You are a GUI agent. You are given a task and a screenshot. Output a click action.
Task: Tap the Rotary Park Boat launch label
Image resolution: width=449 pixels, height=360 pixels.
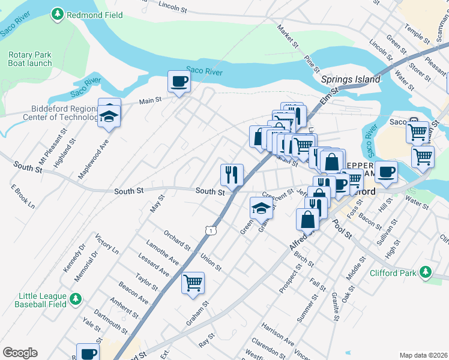tap(30, 59)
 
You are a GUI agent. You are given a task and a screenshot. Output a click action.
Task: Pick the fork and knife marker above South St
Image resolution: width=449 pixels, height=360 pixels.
tap(232, 175)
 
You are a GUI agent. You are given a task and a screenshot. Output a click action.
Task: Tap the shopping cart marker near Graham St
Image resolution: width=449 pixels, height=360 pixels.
tap(193, 283)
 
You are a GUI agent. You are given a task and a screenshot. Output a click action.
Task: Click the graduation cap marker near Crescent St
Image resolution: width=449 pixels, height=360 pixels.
tap(261, 209)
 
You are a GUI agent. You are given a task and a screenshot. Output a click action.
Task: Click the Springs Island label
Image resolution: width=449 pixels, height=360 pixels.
tap(351, 79)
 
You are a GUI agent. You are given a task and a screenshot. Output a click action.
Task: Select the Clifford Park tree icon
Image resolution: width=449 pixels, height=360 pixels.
tap(426, 272)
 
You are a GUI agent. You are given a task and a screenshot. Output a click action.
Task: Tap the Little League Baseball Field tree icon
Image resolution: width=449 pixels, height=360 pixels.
tap(75, 298)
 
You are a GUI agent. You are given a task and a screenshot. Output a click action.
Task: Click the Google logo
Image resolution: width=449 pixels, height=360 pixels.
tap(20, 352)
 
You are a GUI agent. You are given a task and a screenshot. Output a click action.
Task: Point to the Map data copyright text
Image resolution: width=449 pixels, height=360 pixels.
tap(423, 355)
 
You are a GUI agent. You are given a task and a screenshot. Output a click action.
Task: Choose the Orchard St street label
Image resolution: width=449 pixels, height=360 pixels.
tap(176, 239)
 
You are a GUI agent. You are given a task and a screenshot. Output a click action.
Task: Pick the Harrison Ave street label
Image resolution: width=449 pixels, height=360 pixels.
tap(278, 334)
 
